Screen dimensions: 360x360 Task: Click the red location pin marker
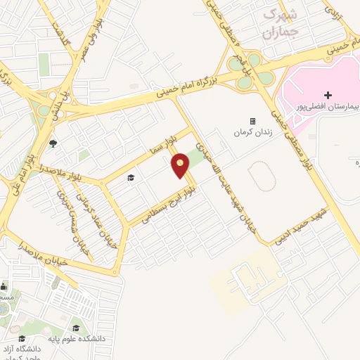point(181,165)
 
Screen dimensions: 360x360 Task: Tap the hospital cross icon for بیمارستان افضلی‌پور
point(328,94)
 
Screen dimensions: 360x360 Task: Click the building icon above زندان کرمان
point(252,121)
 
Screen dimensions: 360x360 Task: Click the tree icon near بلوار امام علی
point(53,143)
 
